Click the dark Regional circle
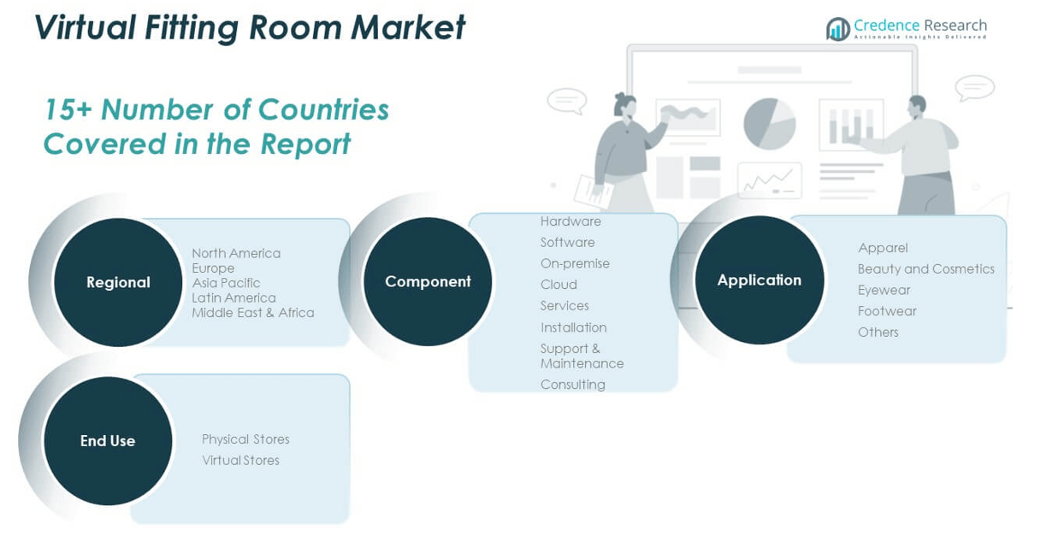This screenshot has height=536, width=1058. point(118,282)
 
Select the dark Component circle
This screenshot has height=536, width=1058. point(428,281)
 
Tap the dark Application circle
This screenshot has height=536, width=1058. point(759,280)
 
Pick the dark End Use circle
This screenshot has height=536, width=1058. point(108,440)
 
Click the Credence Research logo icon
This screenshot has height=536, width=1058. point(837,29)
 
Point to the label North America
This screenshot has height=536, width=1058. point(236,253)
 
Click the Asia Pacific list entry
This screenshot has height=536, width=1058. point(226,283)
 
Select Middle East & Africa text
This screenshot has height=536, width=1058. point(252,313)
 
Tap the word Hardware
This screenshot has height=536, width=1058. point(570,221)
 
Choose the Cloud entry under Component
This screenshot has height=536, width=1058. point(559,285)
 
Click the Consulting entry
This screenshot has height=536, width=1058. point(572,385)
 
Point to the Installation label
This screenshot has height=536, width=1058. point(573,327)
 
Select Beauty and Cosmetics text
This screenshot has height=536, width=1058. point(925,268)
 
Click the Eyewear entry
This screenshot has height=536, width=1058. point(884,290)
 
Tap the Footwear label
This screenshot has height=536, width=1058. point(887,311)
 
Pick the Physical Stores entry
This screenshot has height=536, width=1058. point(245,439)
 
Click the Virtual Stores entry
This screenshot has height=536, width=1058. point(240,461)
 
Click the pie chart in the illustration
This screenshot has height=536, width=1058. point(769,124)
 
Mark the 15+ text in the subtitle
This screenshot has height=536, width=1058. point(68,110)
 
